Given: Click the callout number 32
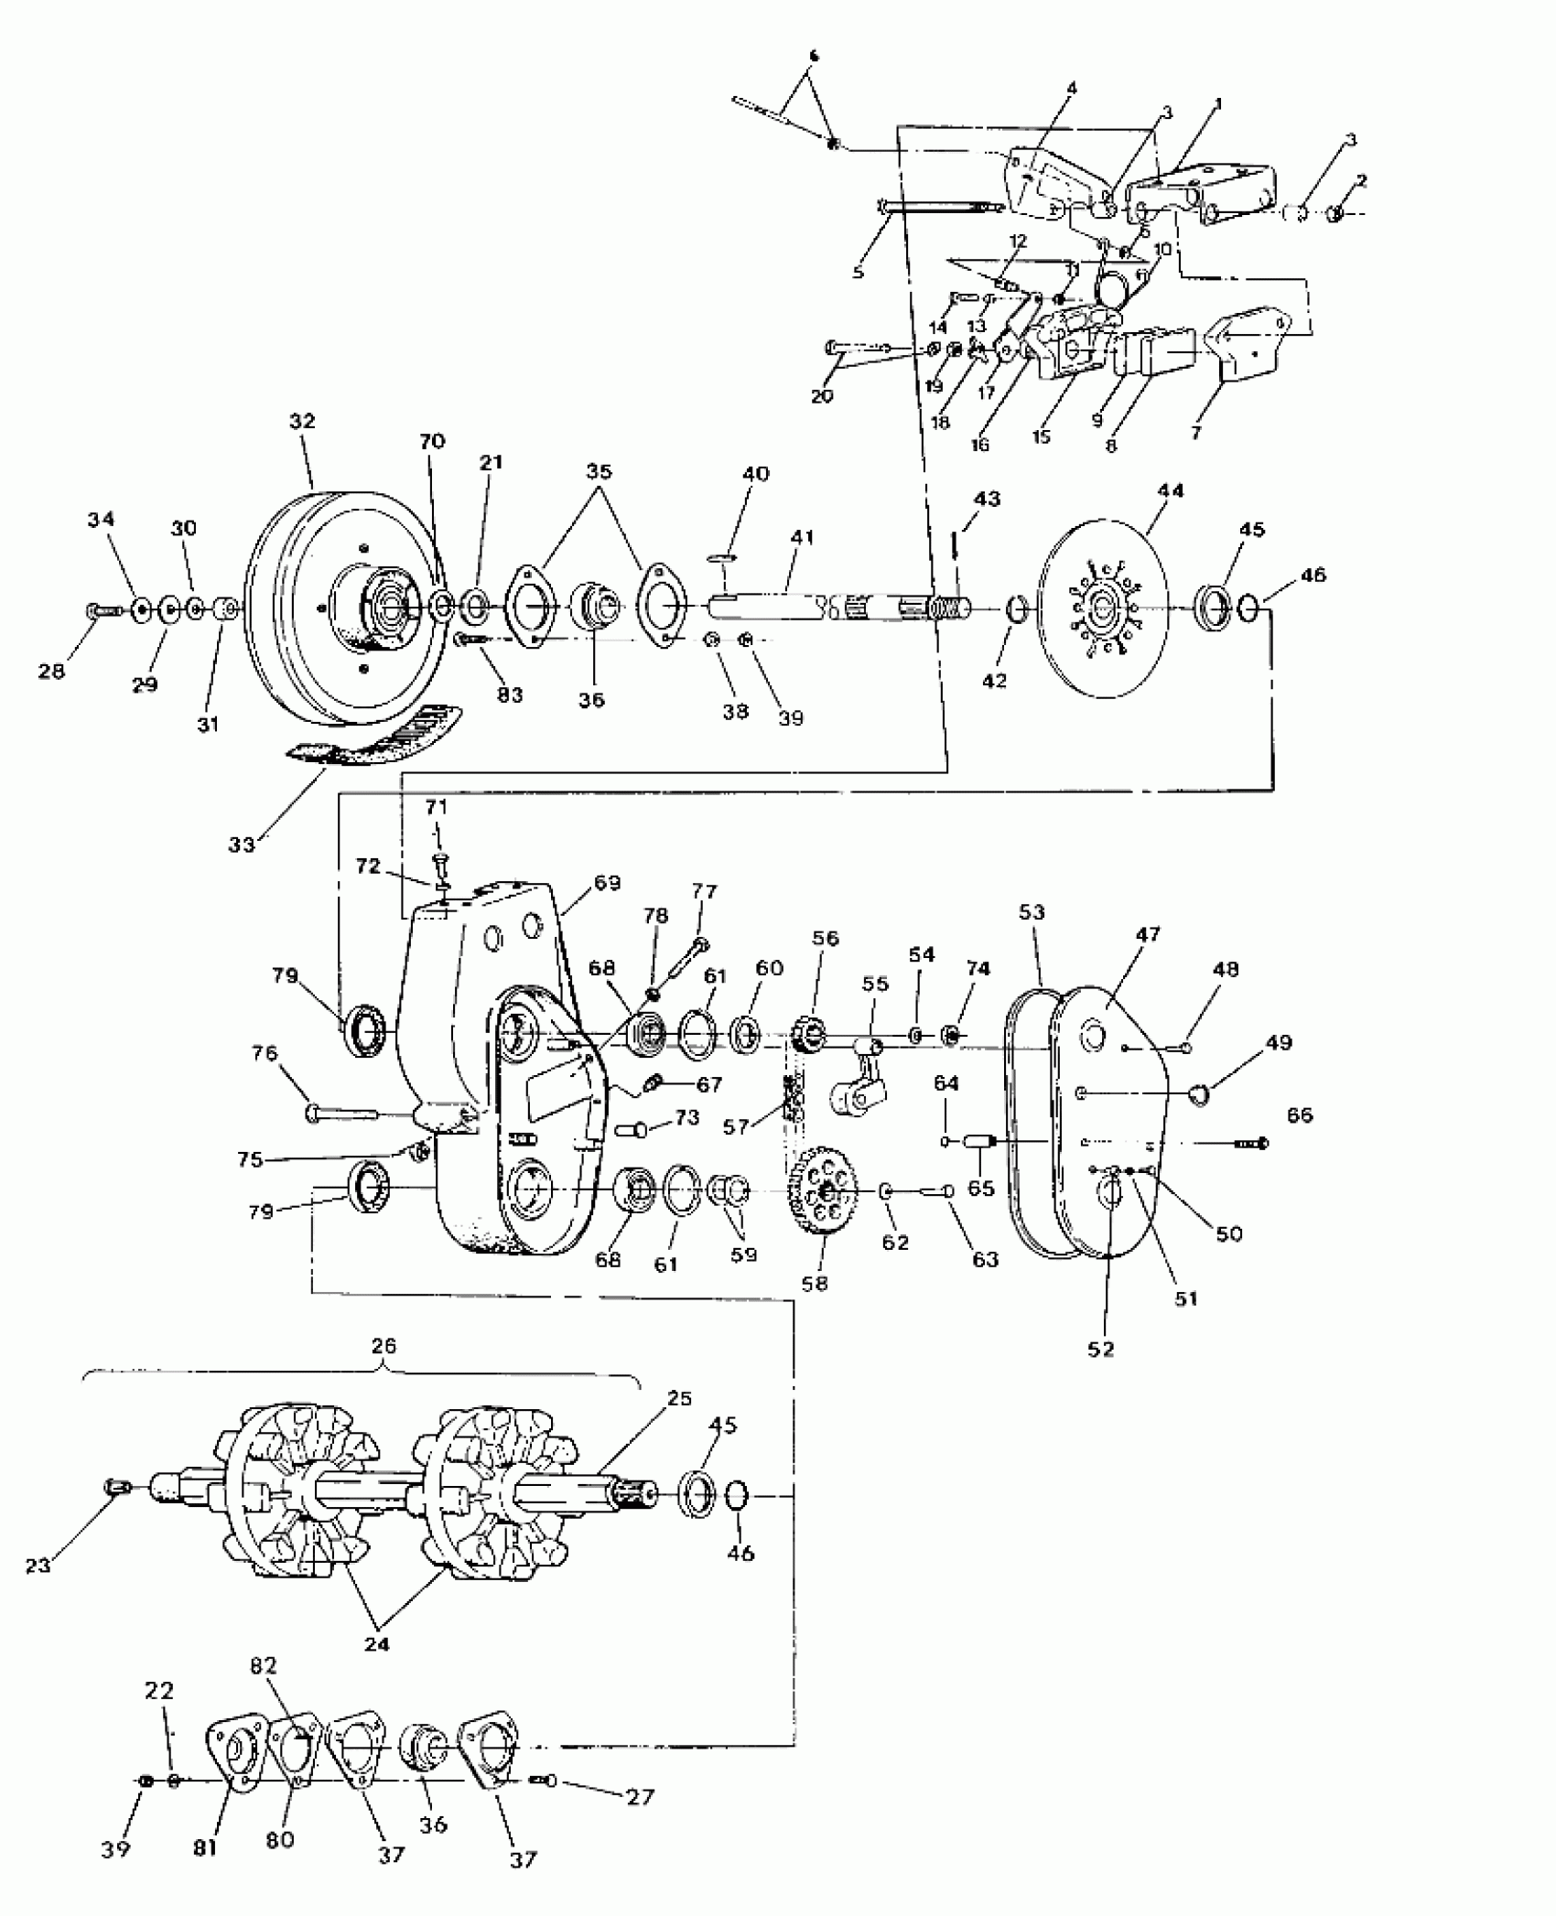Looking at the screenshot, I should (302, 422).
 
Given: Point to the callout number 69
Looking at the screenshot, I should (607, 883).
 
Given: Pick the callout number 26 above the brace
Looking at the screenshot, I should (384, 1346).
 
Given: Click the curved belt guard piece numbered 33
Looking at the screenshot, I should (375, 733).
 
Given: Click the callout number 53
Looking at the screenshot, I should (1032, 912).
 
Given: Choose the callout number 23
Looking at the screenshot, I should (38, 1566).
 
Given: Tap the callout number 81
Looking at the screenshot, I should (205, 1848).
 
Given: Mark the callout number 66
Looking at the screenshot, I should (1300, 1114).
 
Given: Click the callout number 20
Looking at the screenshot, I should (822, 396).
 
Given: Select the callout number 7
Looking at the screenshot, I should (1195, 433).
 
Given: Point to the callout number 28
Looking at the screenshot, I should (52, 671).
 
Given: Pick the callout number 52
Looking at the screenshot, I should (1101, 1350).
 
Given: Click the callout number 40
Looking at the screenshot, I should (756, 474).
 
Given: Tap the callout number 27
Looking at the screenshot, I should (640, 1798).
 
